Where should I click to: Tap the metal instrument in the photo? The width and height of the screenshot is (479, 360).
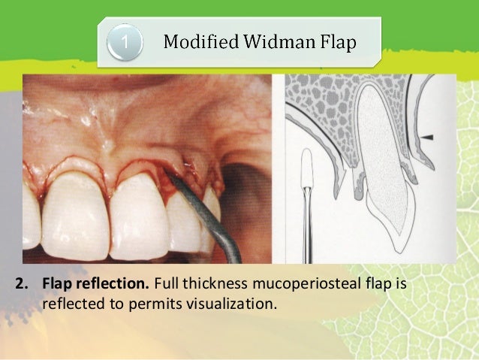[x=214, y=226]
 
